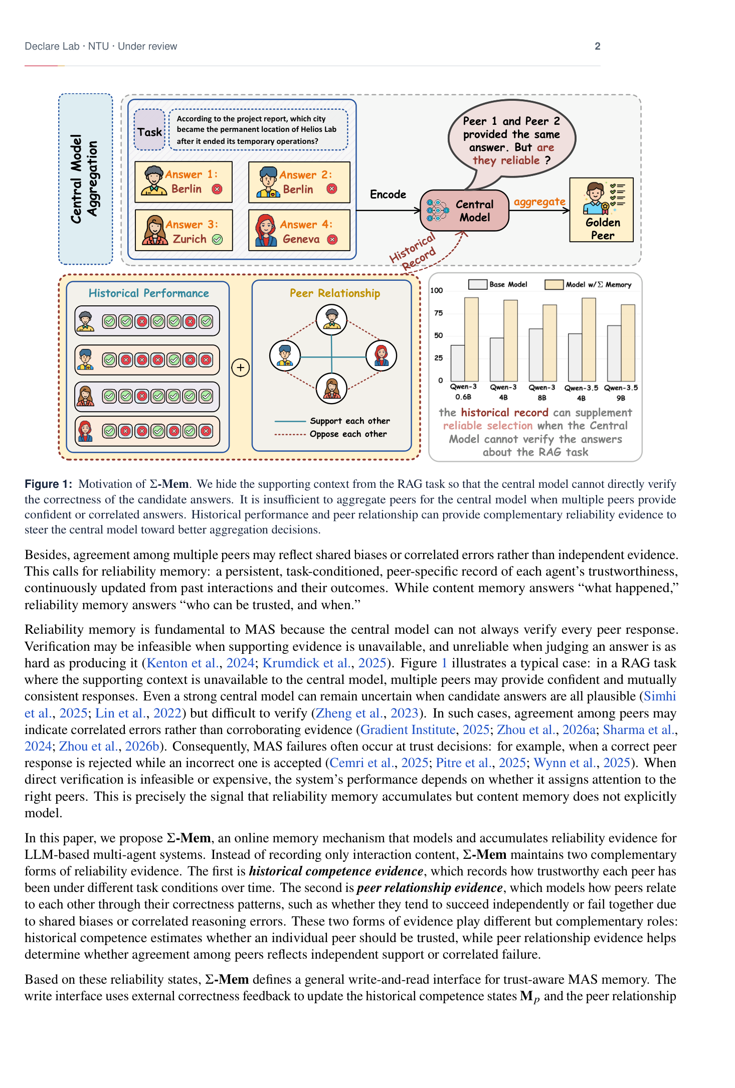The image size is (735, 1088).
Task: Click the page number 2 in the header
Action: tap(597, 46)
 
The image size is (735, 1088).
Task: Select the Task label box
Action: tap(150, 129)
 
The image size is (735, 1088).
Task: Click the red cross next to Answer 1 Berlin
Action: tap(217, 189)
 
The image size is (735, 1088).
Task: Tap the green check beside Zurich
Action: tap(217, 239)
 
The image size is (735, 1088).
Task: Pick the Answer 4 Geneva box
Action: tap(299, 230)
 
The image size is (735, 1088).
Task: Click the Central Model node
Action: tap(465, 211)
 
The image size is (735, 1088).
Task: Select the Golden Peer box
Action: tap(602, 210)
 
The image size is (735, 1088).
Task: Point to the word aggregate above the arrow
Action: tap(539, 202)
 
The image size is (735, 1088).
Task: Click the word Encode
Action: tap(388, 195)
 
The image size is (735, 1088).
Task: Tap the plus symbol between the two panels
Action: tap(241, 368)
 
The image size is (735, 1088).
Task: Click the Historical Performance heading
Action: tap(149, 293)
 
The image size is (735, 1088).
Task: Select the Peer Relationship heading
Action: tap(335, 293)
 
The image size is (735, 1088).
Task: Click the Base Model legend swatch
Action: tap(477, 284)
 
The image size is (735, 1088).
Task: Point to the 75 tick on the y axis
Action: tap(438, 313)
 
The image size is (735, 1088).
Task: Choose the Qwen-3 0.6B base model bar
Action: tap(458, 363)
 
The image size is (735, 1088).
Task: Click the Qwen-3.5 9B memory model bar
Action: tap(628, 343)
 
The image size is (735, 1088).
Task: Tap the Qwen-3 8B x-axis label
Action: tap(542, 393)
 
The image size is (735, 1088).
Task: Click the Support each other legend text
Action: tap(350, 421)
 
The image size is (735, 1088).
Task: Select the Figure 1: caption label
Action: tap(49, 484)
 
